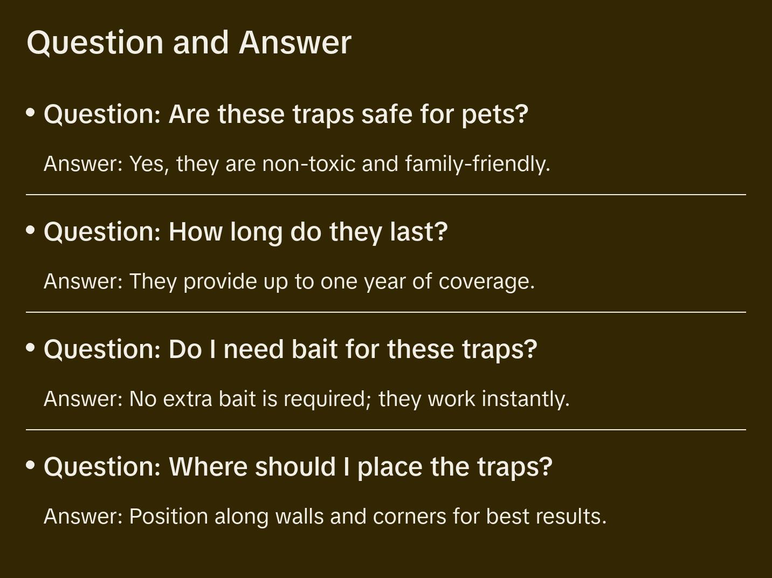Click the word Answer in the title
295,43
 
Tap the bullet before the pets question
31,113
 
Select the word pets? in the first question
495,115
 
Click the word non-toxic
309,163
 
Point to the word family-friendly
477,163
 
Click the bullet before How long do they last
31,230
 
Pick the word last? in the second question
419,232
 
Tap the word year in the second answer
385,281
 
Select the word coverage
486,281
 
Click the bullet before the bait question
31,347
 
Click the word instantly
526,399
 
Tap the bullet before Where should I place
31,465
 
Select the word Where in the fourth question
208,466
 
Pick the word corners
410,517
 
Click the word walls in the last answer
299,517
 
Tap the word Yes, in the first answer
149,163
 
